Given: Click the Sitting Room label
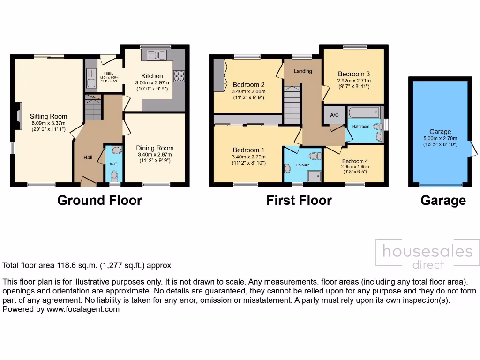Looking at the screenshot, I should click(48, 116).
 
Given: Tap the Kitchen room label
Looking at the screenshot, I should click(152, 76).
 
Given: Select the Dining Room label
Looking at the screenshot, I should click(155, 148).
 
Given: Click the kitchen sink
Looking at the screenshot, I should click(157, 56).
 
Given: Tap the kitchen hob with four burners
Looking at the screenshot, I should click(179, 76).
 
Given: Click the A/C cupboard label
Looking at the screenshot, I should click(335, 115).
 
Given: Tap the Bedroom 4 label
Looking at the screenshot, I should click(354, 161).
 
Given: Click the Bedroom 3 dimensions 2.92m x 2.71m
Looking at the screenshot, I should click(354, 80).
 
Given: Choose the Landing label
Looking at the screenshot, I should click(303, 71).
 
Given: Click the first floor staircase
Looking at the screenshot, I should click(292, 105).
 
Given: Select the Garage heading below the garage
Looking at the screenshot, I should click(443, 201).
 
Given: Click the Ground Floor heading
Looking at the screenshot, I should click(99, 201).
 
